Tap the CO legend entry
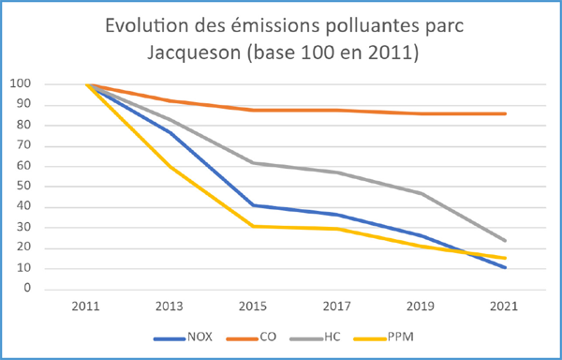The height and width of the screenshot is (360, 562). (x=267, y=336)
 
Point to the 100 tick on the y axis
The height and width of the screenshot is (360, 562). (x=21, y=84)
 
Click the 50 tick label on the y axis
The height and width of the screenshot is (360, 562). (x=24, y=187)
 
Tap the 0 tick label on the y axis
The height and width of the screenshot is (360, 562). (x=28, y=289)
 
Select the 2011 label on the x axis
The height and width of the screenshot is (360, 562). (x=87, y=307)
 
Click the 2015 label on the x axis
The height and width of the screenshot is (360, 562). (x=252, y=307)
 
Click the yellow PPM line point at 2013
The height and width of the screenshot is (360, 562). (x=170, y=166)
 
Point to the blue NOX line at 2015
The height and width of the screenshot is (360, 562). (x=252, y=205)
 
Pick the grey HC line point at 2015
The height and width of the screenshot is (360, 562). (x=252, y=163)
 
